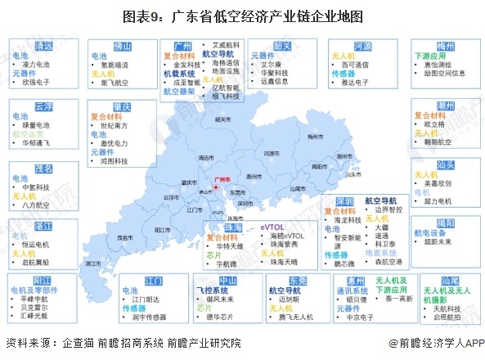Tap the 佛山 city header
(122, 47)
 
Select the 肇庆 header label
(123, 108)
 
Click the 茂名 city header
(43, 169)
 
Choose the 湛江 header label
(43, 223)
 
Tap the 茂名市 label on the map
(125, 236)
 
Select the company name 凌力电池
(37, 63)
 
